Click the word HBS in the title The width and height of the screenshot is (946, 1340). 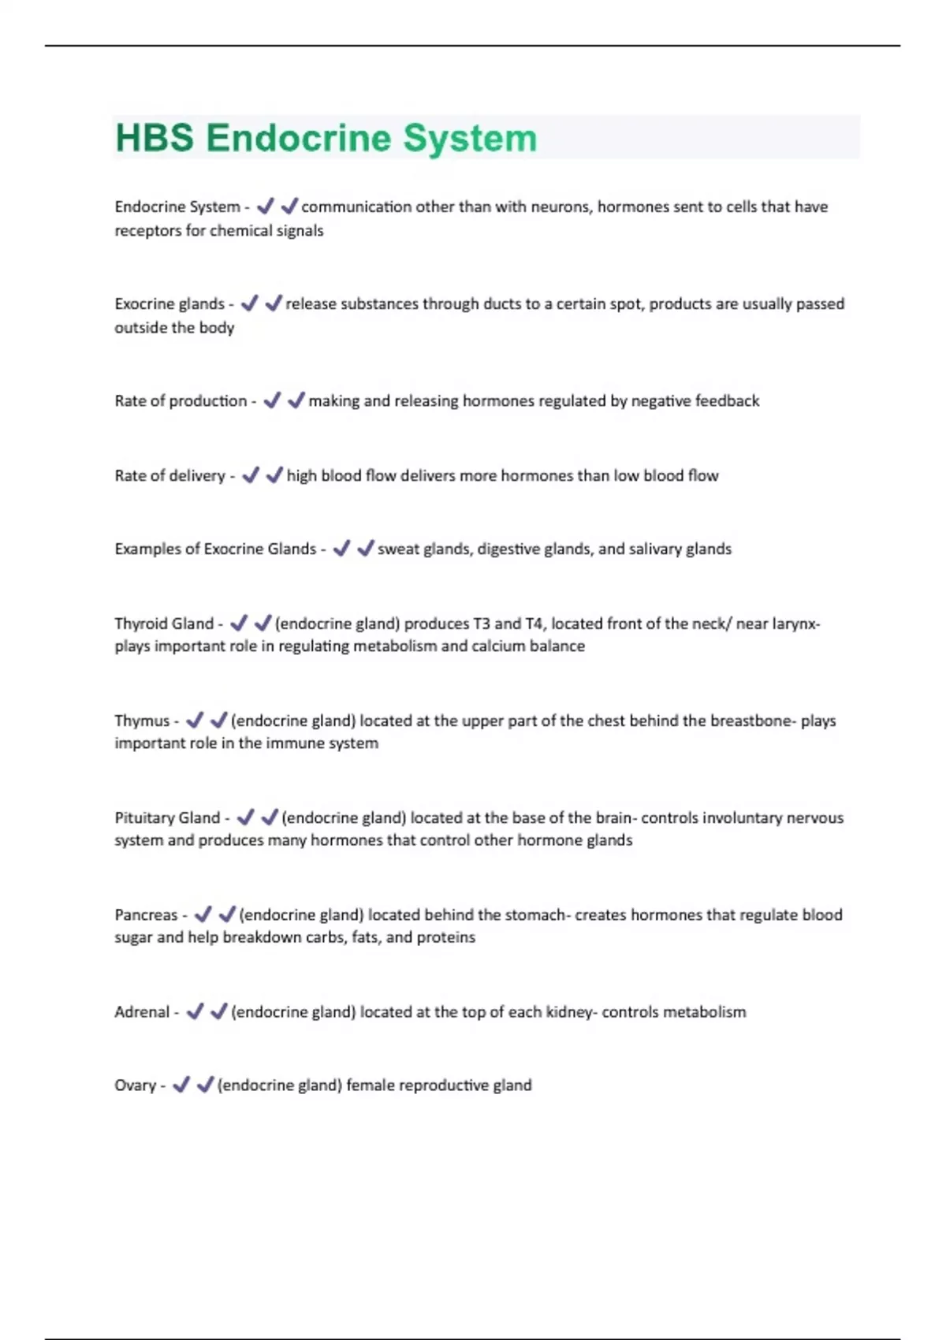(155, 138)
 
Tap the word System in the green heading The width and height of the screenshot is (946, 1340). (470, 138)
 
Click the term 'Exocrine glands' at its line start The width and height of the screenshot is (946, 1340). (169, 303)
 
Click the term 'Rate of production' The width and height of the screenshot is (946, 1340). (181, 400)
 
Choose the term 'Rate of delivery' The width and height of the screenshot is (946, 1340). (169, 475)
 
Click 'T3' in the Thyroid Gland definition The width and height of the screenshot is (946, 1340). (482, 623)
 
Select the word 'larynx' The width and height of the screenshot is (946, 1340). (792, 624)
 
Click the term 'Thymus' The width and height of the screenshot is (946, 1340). (142, 720)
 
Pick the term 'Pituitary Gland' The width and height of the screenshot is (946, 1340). (167, 817)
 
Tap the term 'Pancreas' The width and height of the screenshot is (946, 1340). (146, 914)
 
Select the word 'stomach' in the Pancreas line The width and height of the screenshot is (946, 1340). (534, 914)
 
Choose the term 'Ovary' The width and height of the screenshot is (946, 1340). (135, 1085)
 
